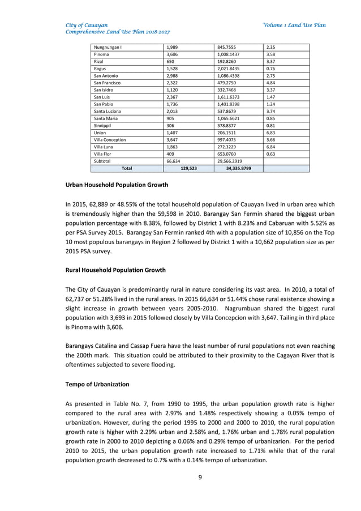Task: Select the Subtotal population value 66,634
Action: (x=173, y=161)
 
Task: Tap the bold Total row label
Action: (x=127, y=168)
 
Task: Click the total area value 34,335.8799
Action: (x=238, y=168)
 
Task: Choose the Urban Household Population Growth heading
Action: (x=117, y=185)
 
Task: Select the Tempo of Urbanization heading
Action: (x=97, y=384)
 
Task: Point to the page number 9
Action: (x=200, y=477)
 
